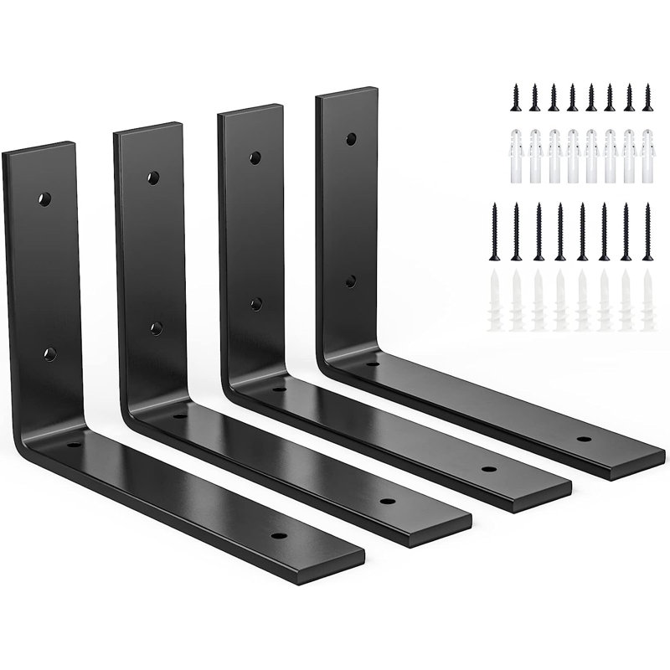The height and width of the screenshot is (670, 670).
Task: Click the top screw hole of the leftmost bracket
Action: click(45, 199)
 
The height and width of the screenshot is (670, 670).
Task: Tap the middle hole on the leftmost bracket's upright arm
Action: click(50, 353)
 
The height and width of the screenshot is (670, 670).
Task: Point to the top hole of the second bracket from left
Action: click(153, 177)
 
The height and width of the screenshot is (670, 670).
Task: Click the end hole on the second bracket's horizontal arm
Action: click(386, 501)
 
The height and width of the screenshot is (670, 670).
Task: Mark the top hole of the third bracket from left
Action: click(252, 157)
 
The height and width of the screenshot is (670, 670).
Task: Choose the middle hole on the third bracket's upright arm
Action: click(256, 303)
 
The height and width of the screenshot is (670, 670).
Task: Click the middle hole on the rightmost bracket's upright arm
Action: click(352, 281)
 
